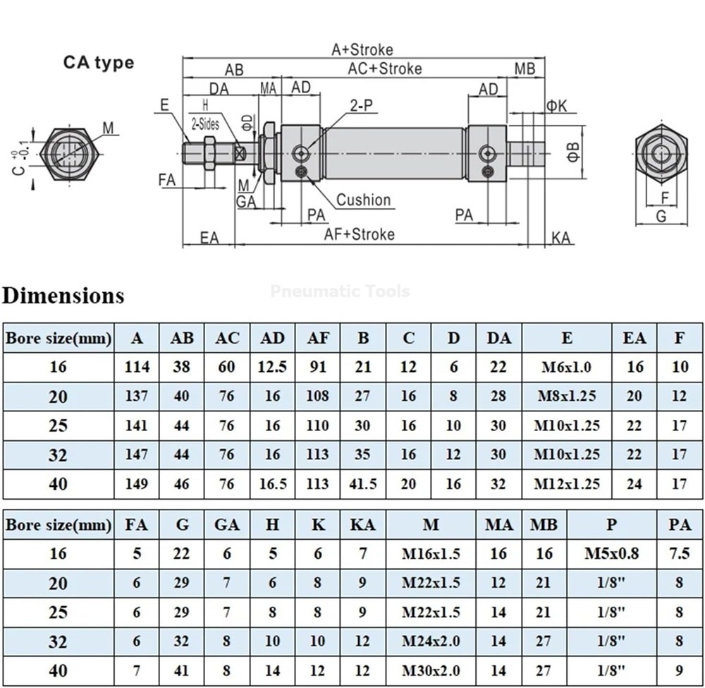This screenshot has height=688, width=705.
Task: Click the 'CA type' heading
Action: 99,62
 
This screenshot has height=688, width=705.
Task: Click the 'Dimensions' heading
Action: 63,294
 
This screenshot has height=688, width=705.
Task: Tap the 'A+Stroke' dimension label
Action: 362,49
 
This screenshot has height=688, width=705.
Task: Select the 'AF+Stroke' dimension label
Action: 360,234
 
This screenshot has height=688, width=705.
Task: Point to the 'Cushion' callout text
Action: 363,200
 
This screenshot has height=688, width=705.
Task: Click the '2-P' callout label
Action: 362,106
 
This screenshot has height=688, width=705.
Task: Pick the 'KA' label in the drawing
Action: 561,238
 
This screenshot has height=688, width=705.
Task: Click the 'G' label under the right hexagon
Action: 661,217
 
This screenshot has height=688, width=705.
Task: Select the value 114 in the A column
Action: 137,367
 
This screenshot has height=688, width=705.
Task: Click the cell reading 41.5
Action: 363,484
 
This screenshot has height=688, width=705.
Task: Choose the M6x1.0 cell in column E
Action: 567,367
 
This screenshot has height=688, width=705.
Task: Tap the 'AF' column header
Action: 318,338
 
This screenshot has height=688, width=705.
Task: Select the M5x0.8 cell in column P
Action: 612,554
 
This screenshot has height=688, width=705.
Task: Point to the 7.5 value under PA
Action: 680,554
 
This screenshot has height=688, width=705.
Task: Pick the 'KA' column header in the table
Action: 363,525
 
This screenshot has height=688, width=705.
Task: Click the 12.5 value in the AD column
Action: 273,367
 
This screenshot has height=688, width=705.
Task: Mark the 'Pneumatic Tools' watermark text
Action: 340,291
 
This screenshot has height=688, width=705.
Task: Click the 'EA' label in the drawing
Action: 209,238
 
